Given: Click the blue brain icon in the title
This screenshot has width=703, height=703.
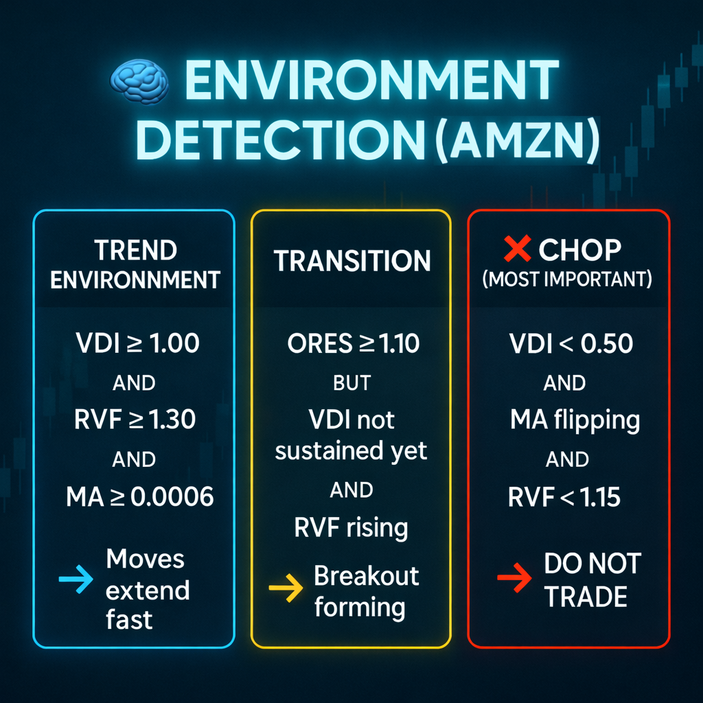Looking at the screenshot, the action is tap(139, 83).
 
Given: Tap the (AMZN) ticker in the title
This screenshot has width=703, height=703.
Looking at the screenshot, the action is tap(517, 140).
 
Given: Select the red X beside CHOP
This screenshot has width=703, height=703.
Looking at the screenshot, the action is tap(517, 249).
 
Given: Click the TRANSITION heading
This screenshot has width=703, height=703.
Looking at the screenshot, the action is tap(352, 261).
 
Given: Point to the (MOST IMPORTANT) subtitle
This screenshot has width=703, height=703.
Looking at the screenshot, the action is tap(567, 279).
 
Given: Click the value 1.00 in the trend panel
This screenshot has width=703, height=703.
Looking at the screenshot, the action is tap(174, 343).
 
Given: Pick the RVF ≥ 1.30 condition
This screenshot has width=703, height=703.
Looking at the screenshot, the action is tap(135, 420).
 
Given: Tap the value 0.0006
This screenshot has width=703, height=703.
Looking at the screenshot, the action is tap(172, 497).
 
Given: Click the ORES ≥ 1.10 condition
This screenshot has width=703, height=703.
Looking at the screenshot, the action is tap(354, 344).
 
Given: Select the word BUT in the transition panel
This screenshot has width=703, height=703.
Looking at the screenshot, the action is tap(352, 383).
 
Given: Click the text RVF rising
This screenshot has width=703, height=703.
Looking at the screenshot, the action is tap(351, 528).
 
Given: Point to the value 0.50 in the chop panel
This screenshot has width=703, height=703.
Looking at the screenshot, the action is tap(607, 343).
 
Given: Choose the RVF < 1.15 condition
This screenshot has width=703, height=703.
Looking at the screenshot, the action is tap(564, 497).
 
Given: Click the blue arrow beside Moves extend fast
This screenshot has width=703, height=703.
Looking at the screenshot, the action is tap(76, 579).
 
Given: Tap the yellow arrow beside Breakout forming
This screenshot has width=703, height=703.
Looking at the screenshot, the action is tap(286, 588).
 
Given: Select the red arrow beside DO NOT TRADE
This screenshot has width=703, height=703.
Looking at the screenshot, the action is tap(514, 578).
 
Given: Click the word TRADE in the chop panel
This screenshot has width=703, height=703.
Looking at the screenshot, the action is tap(586, 597).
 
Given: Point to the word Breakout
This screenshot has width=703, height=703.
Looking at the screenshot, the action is tap(367, 576).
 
